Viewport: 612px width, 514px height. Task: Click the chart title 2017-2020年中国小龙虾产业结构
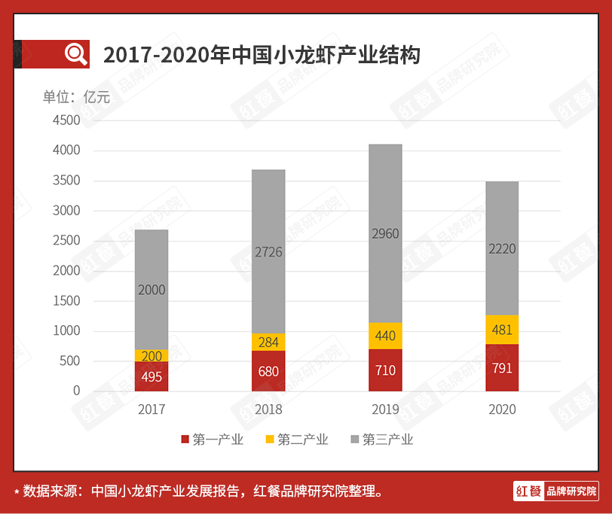(262, 55)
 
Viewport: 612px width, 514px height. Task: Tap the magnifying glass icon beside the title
(76, 54)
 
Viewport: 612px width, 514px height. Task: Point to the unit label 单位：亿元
(76, 97)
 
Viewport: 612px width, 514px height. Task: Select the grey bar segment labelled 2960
(385, 233)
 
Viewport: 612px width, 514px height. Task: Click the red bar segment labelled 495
(151, 376)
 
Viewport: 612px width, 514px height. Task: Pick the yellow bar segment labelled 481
(502, 330)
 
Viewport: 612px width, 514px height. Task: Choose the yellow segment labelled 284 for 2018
(268, 342)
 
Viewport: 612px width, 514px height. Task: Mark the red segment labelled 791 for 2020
(502, 368)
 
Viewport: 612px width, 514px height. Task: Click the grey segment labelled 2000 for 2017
(151, 290)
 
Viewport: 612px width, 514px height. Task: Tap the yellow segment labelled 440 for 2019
(385, 336)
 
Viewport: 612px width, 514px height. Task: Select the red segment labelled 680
(268, 371)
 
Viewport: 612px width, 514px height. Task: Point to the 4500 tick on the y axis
(66, 120)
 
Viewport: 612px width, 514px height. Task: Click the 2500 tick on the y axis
(66, 241)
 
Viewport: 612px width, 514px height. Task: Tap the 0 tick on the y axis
(76, 391)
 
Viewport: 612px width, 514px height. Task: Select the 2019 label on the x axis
(385, 410)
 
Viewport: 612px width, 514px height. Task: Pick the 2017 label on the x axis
(151, 410)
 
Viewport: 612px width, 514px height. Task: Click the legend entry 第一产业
(213, 439)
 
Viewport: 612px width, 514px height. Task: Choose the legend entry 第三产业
(382, 439)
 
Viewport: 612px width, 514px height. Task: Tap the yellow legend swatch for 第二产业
(271, 439)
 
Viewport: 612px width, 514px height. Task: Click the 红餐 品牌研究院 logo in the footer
(556, 491)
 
